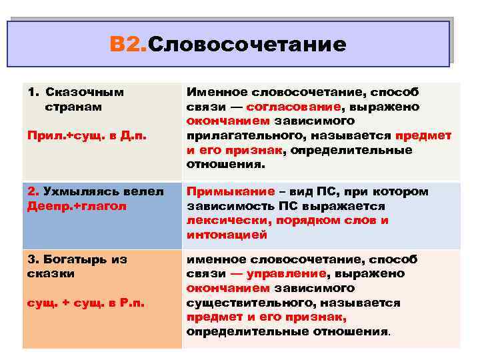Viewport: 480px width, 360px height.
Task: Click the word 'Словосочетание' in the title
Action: tap(246, 45)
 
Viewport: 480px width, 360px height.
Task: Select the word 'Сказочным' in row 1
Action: tap(85, 92)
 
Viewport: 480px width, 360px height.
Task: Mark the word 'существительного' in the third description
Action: tap(240, 303)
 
